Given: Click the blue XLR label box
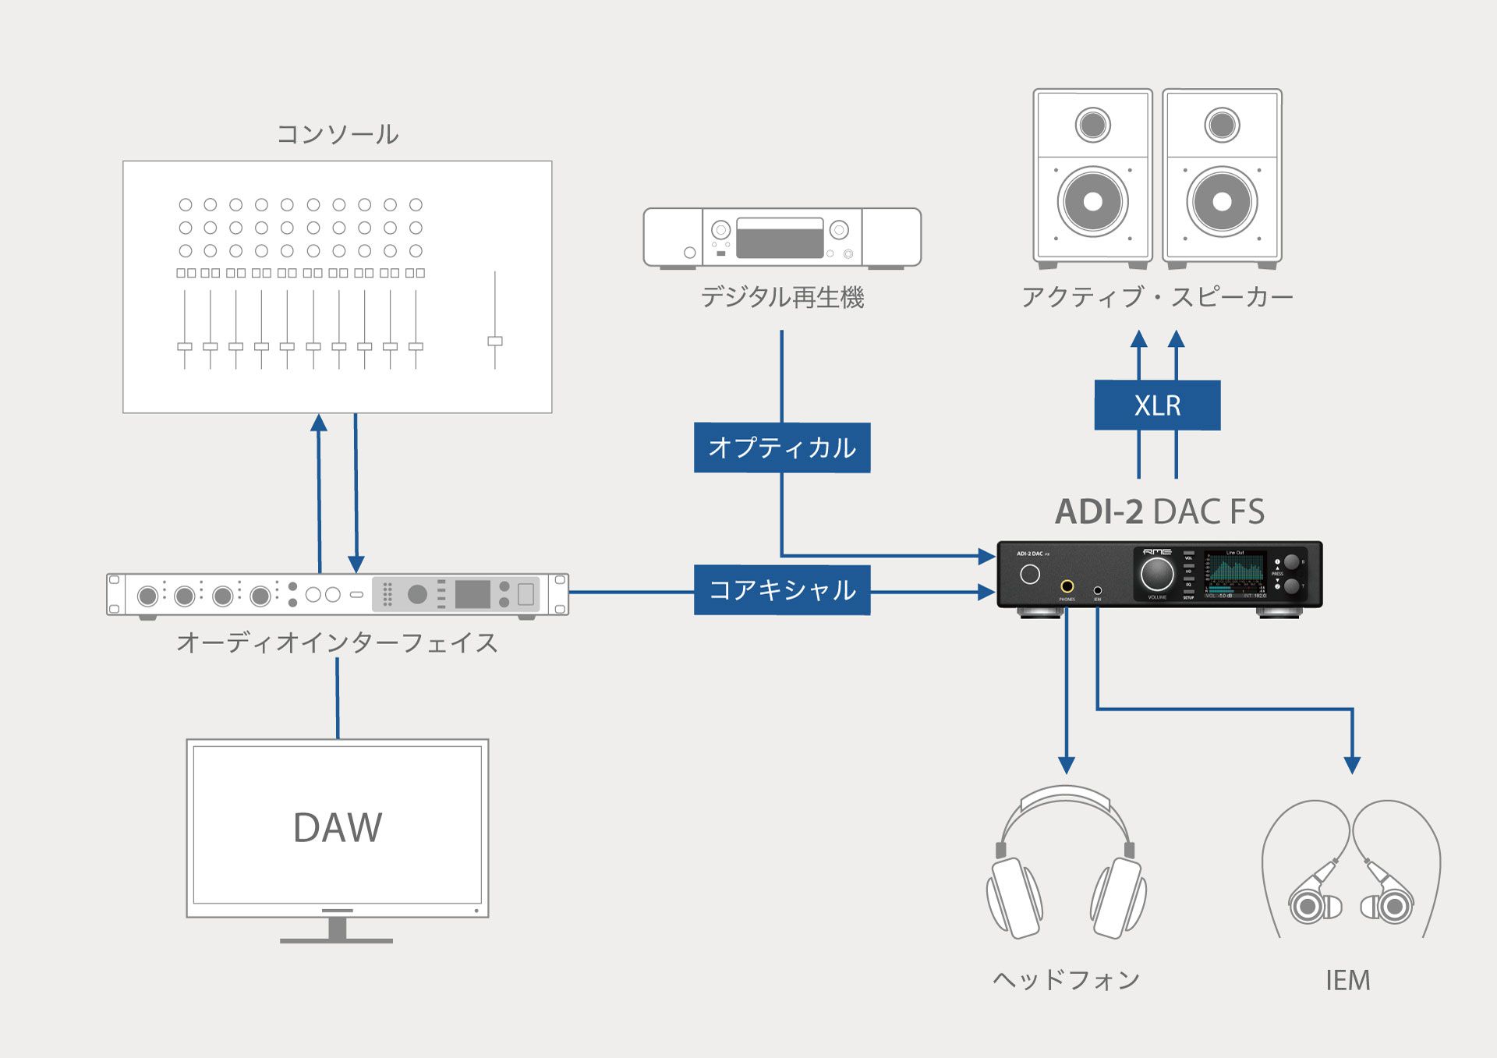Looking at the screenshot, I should coord(1157,405).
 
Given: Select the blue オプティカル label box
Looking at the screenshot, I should coord(782,448).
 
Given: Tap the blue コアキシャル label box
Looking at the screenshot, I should coord(782,590).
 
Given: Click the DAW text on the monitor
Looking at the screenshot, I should coord(338,827).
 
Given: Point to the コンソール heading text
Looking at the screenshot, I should coord(338,134).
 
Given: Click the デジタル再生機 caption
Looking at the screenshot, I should coord(782,297).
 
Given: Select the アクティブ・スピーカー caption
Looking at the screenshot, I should coord(1157,297).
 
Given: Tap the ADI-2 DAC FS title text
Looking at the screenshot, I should coord(1159,512).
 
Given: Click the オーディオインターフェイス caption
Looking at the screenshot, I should coord(337,642).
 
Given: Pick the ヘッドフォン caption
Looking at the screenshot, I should coord(1067,979).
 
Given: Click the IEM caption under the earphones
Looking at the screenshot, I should coord(1348,980).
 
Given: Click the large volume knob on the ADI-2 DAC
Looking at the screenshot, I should coord(1157,574).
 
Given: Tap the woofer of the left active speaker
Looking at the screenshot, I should coord(1093,201).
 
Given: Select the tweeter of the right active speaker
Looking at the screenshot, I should coord(1222,125).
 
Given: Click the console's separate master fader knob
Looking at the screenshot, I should coord(495,341).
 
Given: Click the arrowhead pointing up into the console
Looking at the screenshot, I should coord(319,423).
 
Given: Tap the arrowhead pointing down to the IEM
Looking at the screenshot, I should coord(1353,765).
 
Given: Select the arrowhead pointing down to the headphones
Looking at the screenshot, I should coord(1067,765).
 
